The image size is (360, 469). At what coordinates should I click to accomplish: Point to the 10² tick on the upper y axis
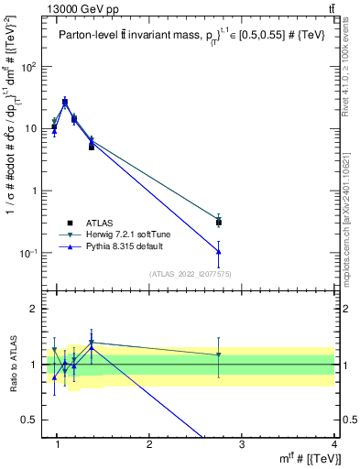point(30,67)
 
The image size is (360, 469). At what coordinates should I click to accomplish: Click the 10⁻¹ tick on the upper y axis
point(29,253)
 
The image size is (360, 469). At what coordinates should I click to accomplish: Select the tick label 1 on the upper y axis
point(35,191)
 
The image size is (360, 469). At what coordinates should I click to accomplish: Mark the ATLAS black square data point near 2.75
point(219,222)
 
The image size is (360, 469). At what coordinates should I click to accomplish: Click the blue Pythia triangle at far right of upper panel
point(219,252)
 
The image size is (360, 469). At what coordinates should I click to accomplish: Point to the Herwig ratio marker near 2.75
point(219,354)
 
